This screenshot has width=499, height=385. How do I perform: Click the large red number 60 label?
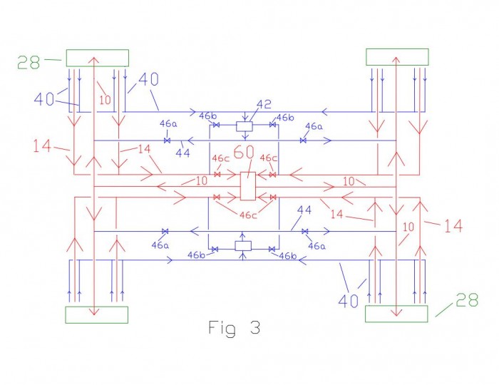244,152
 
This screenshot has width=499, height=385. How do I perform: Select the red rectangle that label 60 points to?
248,186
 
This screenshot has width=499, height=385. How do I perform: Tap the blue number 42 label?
264,104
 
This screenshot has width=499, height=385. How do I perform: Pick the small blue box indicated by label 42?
245,126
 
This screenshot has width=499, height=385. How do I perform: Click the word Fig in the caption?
222,328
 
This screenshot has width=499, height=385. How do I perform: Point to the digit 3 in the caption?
255,327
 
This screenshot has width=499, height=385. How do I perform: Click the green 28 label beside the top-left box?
29,62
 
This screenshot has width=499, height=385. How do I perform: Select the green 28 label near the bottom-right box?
467,299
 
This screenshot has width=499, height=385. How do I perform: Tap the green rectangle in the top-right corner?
397,57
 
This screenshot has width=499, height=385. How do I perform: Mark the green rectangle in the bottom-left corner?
97,315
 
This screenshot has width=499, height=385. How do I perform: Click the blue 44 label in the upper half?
182,153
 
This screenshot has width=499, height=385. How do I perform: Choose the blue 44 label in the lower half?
304,210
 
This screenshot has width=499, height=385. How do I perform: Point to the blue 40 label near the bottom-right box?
348,301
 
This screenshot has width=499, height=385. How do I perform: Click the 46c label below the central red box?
247,215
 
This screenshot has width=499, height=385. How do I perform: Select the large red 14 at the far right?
453,226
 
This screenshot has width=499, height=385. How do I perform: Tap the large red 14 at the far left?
42,146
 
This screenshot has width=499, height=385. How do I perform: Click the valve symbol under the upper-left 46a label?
167,140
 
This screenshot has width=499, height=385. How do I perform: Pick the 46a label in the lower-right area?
317,246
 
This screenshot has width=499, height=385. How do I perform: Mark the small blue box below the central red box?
243,246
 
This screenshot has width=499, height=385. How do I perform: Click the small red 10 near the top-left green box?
105,101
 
